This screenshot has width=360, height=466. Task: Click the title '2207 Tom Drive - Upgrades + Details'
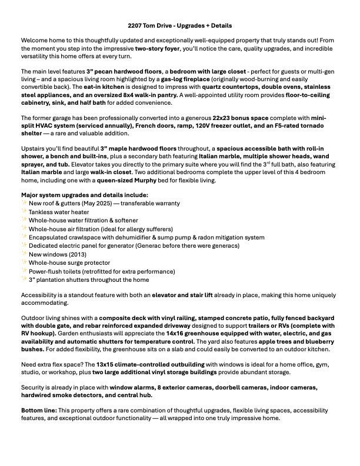[x=180, y=26]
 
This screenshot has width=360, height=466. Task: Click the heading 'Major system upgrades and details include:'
[x=85, y=195]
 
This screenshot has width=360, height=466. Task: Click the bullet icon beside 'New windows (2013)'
[x=24, y=254]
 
